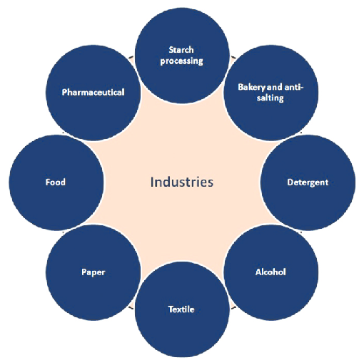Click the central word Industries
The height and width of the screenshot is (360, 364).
coord(182,182)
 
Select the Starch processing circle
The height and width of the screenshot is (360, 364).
coord(182,56)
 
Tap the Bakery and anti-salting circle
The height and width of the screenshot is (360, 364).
coord(271,93)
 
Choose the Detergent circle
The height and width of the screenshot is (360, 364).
coord(308,182)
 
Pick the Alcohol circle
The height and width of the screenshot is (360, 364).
coord(271,272)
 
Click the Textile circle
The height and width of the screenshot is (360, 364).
coord(182,309)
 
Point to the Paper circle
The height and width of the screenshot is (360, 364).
coord(93,272)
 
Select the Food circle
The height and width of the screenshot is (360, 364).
coord(56,182)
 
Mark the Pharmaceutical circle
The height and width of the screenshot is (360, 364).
coord(93,93)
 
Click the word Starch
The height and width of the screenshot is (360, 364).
coord(181,50)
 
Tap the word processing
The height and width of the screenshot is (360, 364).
coord(181,61)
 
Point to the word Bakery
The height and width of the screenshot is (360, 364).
coord(251,88)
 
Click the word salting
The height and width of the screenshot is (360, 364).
coord(271,98)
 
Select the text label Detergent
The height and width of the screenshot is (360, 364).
coord(308,182)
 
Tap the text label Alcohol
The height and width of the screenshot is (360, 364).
coord(271,272)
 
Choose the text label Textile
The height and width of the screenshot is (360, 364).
coord(181,309)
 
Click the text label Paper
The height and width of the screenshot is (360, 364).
coord(93,272)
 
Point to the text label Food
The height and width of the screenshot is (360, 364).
coord(56,182)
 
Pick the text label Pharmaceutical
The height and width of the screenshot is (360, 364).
coord(93,92)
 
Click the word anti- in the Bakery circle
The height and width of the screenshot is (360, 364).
coord(294,87)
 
